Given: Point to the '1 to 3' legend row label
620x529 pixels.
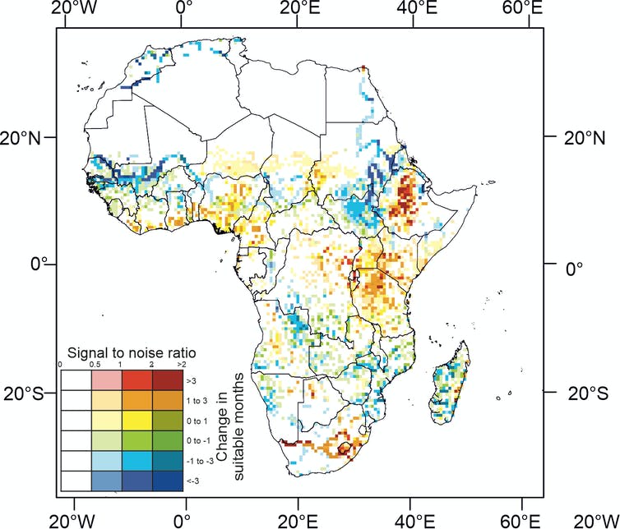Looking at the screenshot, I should (x=194, y=401).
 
